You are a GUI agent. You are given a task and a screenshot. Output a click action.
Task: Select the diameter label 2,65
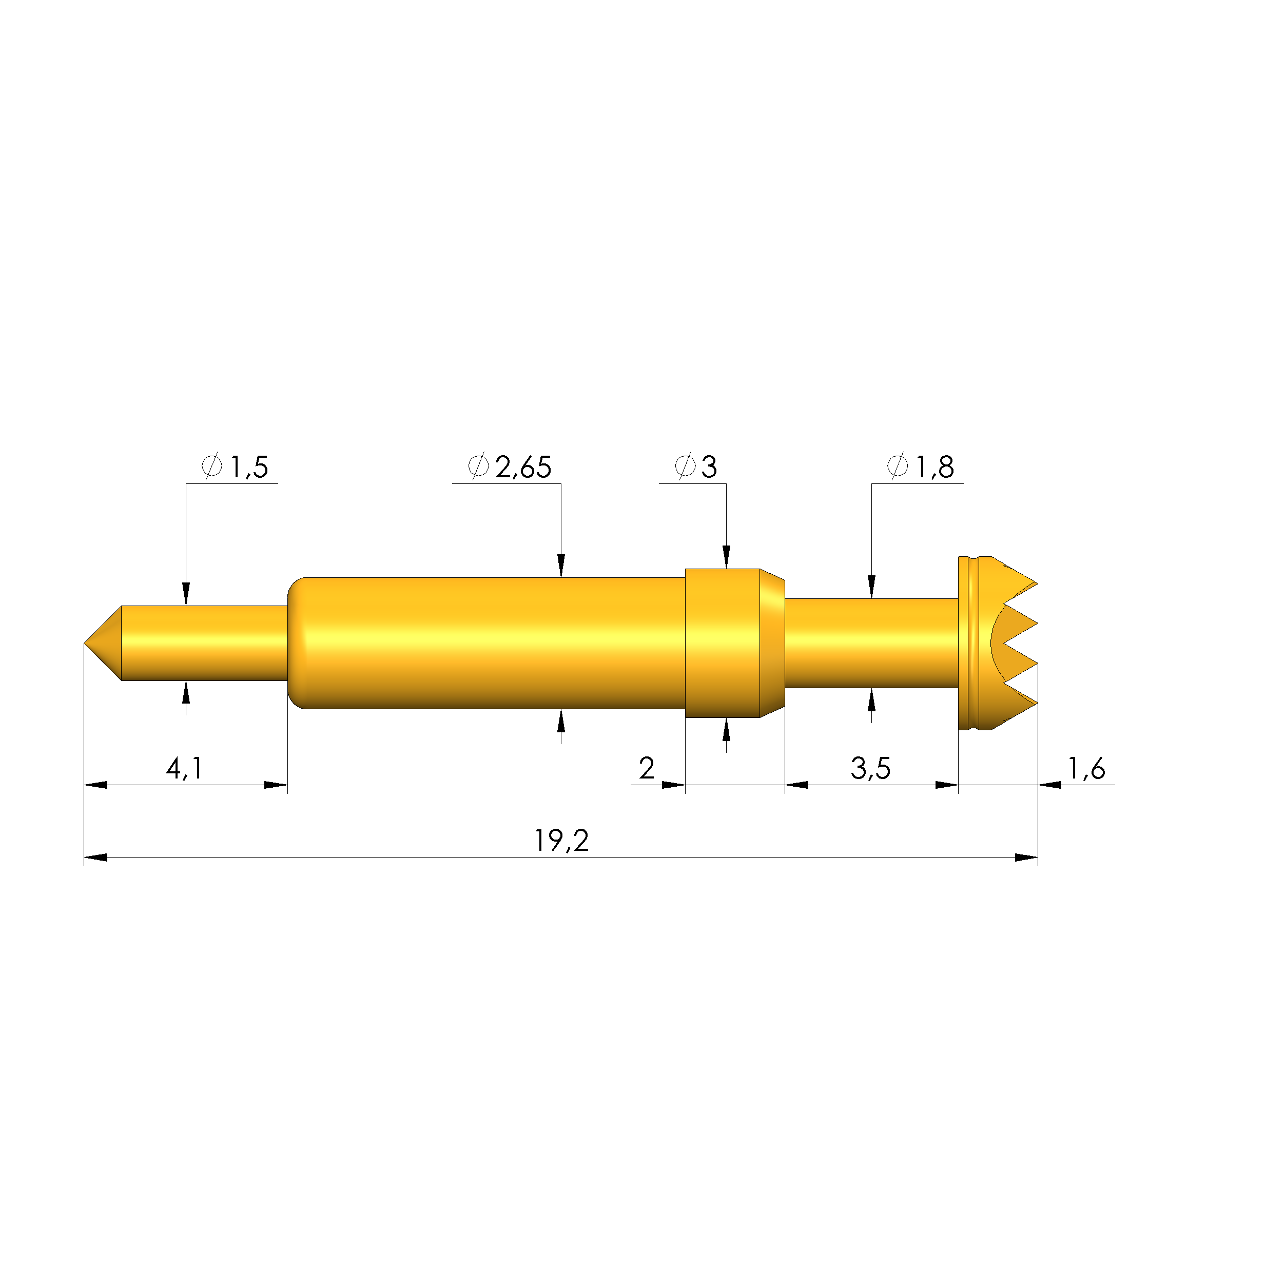(523, 468)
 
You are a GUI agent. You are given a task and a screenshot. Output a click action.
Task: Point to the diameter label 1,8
(934, 468)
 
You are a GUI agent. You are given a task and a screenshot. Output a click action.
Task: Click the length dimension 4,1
(184, 769)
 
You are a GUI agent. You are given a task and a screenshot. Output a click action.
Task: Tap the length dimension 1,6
(1086, 769)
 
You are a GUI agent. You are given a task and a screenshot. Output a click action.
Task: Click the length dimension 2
(647, 769)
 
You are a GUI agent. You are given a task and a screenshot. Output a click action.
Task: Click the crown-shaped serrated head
(998, 643)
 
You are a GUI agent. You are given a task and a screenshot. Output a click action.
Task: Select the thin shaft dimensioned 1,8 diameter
(871, 643)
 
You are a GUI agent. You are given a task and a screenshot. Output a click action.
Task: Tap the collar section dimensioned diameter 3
(725, 643)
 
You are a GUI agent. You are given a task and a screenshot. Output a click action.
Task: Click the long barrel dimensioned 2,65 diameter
(492, 643)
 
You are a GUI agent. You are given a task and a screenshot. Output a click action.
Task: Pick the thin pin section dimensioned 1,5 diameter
(203, 643)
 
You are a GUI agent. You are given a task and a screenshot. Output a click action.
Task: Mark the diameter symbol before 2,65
(478, 466)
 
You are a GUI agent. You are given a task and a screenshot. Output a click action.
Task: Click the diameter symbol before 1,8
(897, 466)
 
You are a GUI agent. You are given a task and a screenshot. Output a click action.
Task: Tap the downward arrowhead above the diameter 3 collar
(726, 557)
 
